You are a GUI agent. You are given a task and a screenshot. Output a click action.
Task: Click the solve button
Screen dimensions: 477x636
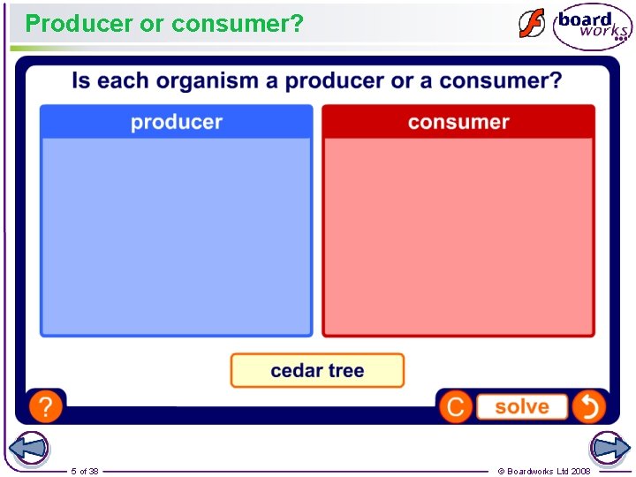(x=521, y=407)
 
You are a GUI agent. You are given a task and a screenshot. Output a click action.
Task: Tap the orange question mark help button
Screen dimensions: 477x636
(x=46, y=407)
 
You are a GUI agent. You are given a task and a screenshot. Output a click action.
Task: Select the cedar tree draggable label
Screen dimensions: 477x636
(x=317, y=371)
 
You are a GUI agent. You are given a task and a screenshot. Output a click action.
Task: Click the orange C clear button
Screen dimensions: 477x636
(x=456, y=407)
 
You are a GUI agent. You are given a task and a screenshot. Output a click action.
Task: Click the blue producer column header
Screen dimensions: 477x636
(x=177, y=122)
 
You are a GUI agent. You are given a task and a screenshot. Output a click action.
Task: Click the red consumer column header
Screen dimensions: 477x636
(x=458, y=122)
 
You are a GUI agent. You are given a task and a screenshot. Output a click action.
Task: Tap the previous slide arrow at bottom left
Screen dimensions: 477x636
(x=28, y=449)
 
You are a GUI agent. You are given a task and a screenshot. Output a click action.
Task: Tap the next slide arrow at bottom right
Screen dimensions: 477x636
(x=609, y=449)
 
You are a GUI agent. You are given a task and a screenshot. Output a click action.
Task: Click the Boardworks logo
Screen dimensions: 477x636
(x=593, y=26)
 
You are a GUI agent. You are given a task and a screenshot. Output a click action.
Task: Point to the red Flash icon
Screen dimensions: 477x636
(x=532, y=24)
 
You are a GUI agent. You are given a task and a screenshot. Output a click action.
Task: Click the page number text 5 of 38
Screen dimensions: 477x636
(x=85, y=471)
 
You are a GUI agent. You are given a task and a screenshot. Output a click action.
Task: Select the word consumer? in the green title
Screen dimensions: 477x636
(x=238, y=24)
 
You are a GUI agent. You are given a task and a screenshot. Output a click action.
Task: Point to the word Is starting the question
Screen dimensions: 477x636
(x=80, y=81)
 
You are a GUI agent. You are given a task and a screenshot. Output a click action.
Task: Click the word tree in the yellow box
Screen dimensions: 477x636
(x=346, y=371)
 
